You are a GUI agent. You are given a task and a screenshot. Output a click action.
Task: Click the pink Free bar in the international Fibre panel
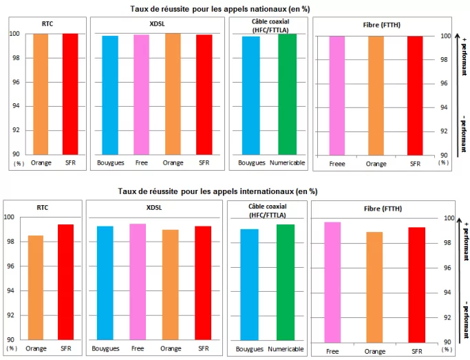(x=333, y=282)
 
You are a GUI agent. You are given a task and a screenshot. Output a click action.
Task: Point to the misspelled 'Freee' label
(x=337, y=164)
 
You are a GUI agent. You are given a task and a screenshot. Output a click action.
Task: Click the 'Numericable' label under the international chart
(x=285, y=349)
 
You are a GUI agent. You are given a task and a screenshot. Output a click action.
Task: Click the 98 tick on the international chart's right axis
(x=447, y=243)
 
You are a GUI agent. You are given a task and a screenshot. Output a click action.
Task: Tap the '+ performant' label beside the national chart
(x=462, y=55)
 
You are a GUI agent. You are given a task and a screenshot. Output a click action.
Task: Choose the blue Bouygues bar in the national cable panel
(x=250, y=96)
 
